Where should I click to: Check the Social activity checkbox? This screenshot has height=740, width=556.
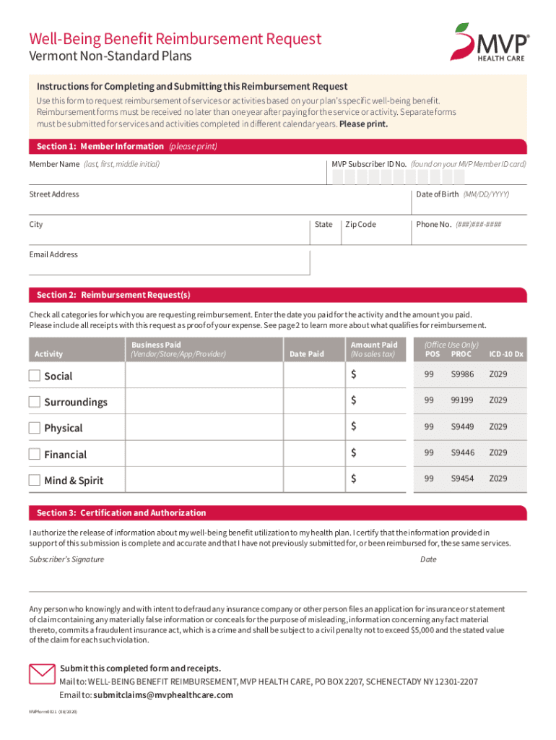35,376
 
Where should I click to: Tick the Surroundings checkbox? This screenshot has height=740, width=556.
35,402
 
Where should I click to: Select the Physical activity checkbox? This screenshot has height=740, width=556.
35,428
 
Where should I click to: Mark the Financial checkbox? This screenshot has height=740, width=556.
35,455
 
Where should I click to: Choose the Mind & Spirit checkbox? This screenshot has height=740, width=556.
35,481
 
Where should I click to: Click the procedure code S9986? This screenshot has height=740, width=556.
462,374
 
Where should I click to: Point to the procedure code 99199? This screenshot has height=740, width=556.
462,400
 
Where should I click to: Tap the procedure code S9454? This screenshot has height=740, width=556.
462,478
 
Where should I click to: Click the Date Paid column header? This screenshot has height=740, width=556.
306,354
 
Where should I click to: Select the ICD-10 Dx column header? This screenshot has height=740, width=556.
506,354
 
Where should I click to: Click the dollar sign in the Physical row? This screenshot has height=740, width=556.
354,426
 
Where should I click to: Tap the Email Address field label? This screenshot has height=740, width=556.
53,254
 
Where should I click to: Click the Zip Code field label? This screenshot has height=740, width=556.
360,224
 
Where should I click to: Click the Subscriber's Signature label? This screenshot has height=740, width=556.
66,559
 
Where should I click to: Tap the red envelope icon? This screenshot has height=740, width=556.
41,674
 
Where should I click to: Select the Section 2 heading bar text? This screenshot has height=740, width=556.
113,295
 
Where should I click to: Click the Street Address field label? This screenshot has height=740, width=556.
54,194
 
